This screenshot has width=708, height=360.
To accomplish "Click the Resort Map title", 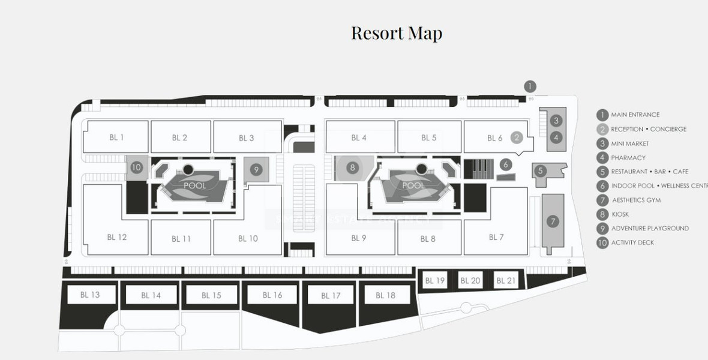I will [x=397, y=33].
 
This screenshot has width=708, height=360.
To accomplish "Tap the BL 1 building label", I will [x=116, y=137].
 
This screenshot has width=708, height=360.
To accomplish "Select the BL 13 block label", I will [x=90, y=295].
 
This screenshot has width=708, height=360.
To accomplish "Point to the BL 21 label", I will [x=506, y=280].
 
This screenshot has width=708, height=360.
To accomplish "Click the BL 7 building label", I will [x=496, y=238].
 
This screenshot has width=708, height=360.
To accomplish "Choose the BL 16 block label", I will [x=272, y=295].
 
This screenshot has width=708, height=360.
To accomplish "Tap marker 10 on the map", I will [x=136, y=167].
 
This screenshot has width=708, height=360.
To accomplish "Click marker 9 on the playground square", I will [x=256, y=170].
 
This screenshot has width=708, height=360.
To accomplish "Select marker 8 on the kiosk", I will [x=353, y=168].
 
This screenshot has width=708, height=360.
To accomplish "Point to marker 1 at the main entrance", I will [x=530, y=86].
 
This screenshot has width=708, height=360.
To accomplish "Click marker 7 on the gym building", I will [x=553, y=221].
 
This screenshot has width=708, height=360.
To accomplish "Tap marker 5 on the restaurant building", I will [x=541, y=171].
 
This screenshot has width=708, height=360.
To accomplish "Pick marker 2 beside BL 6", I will [x=517, y=137].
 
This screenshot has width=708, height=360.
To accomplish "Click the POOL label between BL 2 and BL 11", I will [x=194, y=186].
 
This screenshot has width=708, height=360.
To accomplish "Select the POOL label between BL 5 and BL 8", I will [x=413, y=186].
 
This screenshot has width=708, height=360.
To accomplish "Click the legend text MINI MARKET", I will [x=630, y=143].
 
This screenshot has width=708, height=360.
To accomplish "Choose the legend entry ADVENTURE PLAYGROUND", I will [x=650, y=229].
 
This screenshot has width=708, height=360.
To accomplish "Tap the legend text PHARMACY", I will [x=628, y=158].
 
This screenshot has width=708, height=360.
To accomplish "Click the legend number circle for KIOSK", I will [x=602, y=214].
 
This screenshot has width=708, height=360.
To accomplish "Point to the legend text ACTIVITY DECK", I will [x=632, y=243].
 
